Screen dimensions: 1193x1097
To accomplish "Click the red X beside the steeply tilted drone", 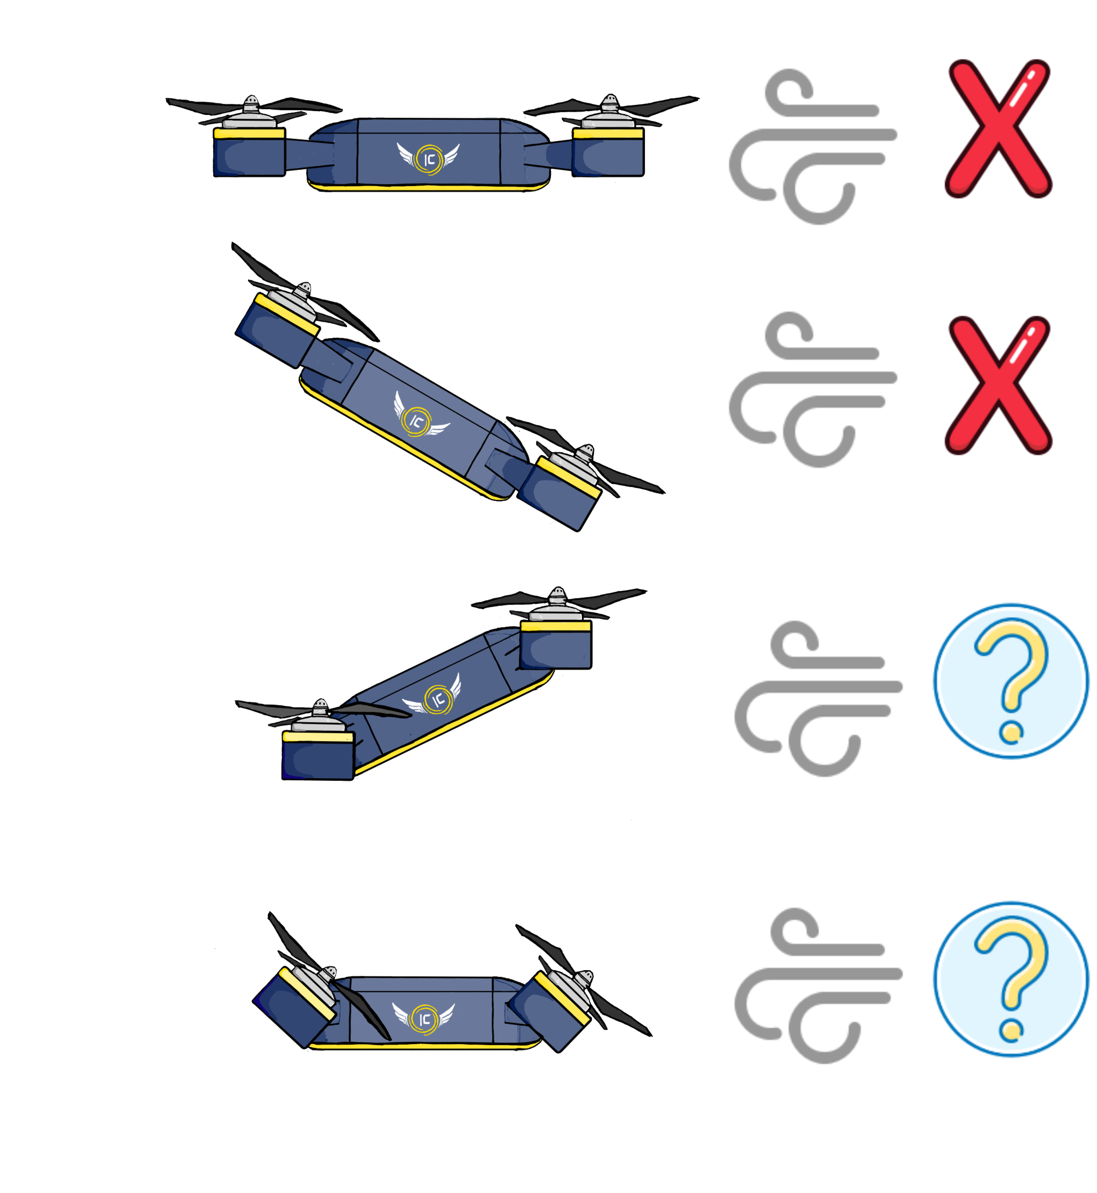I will pyautogui.click(x=998, y=386).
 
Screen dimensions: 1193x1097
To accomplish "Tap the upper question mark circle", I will pyautogui.click(x=1011, y=681).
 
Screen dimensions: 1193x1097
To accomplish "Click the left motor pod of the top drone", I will pyautogui.click(x=249, y=153).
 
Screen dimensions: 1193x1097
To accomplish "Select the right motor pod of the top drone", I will pyautogui.click(x=607, y=153).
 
